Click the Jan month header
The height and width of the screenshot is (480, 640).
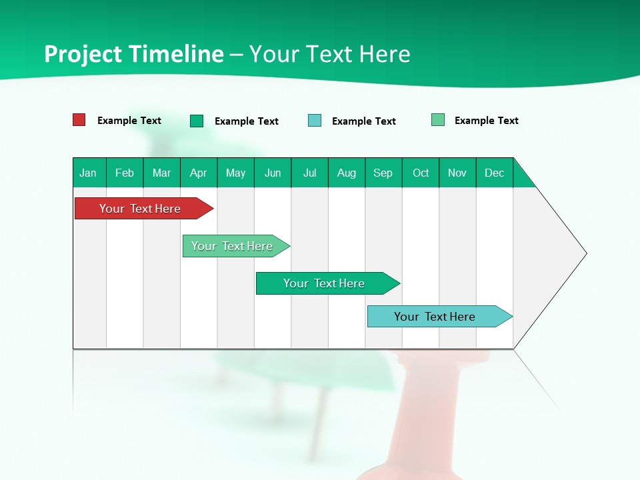coord(88,173)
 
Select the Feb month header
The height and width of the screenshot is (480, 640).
coord(125,173)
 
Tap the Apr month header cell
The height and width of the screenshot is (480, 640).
coord(198,173)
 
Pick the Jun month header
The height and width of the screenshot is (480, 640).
coord(273,173)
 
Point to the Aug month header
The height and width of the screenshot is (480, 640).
coord(347,173)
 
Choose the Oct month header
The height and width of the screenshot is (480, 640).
coord(421,173)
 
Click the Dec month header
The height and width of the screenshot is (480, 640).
coord(495,173)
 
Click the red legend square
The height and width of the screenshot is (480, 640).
coord(79,120)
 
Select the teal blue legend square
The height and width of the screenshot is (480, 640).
coord(315,121)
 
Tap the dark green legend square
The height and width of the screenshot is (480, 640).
coord(197,121)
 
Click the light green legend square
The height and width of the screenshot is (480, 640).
coord(438,120)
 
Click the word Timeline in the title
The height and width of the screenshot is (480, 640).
coord(175,54)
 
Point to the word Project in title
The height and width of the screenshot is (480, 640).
coord(83,54)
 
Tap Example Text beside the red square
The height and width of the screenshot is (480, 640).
coord(129,121)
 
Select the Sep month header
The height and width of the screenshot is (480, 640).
coord(383,173)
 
